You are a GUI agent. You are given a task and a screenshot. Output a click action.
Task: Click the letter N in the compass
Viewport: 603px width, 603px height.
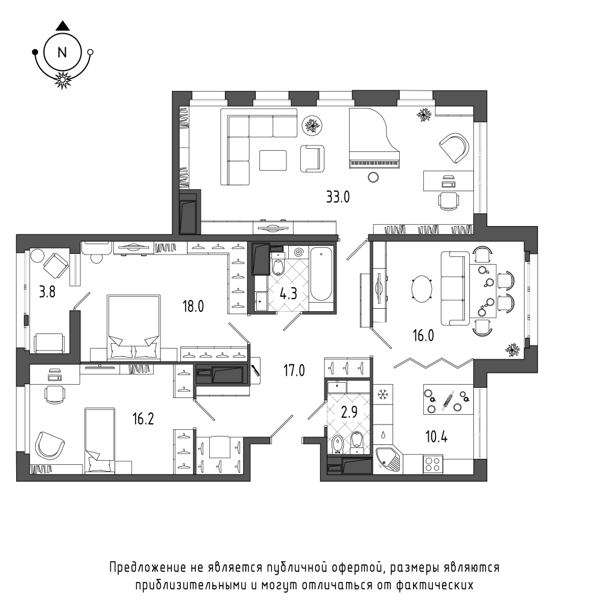click(62, 52)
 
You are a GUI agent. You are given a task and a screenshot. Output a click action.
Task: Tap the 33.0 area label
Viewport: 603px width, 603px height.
click(338, 197)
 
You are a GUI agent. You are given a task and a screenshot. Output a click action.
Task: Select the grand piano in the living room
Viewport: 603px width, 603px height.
click(374, 137)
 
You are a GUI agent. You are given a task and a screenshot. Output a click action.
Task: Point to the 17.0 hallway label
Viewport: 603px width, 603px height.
click(294, 371)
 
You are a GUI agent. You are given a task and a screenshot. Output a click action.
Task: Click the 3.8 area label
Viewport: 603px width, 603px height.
click(47, 292)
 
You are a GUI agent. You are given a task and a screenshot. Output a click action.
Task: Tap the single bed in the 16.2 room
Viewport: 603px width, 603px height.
click(99, 441)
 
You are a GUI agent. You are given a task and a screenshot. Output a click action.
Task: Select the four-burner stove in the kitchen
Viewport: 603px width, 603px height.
click(433, 464)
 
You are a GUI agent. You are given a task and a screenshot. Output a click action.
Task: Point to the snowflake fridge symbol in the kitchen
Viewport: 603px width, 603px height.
click(382, 394)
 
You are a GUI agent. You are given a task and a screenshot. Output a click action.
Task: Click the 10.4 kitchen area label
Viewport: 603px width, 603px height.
click(436, 437)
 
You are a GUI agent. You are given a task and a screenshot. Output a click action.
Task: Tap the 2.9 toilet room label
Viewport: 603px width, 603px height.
click(349, 412)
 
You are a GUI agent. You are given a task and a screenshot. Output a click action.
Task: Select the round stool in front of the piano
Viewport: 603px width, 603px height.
click(373, 177)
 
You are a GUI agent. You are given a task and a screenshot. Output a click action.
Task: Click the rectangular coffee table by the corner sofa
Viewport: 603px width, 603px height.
click(273, 160)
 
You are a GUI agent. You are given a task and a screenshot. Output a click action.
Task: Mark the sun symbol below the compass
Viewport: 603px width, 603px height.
click(62, 80)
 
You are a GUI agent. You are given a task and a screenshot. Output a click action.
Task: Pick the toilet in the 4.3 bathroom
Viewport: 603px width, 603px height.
click(277, 264)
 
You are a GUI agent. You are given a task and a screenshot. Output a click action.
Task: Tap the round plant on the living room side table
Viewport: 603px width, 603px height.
click(312, 125)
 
